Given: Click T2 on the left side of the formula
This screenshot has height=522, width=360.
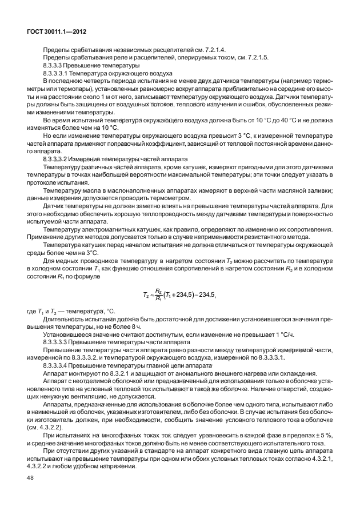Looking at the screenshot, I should point(146,295).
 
